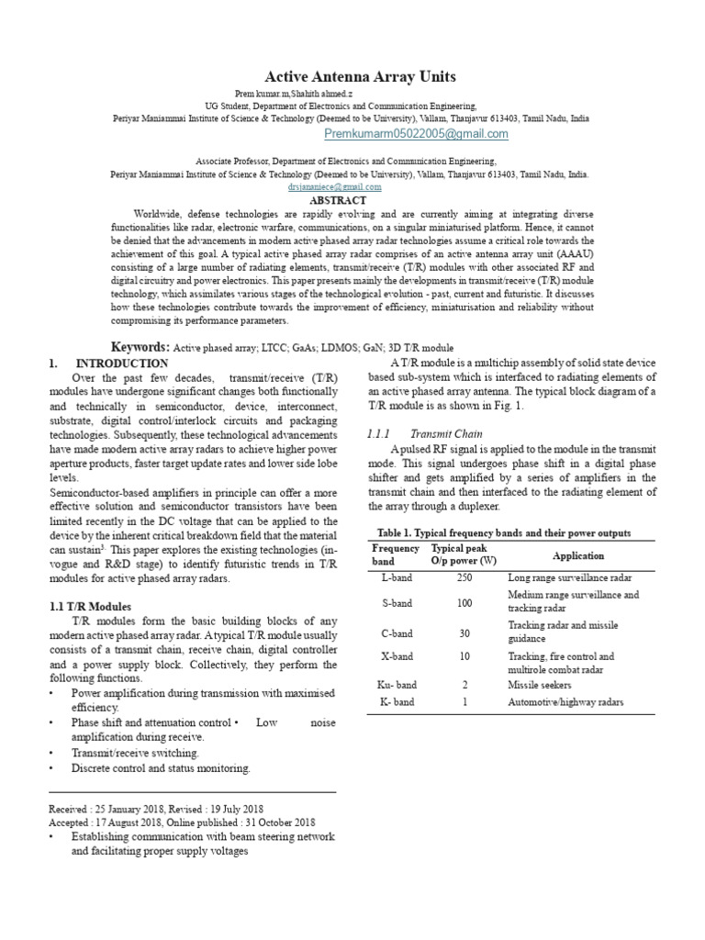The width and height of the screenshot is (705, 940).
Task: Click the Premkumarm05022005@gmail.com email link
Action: pyautogui.click(x=417, y=134)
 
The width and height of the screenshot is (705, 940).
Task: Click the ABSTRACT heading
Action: pyautogui.click(x=338, y=200)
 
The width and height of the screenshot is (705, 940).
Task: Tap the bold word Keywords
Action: pyautogui.click(x=140, y=347)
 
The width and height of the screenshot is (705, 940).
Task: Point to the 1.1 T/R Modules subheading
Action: pyautogui.click(x=90, y=607)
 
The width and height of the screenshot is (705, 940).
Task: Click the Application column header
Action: pyautogui.click(x=578, y=555)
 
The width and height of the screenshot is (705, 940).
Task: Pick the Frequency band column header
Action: pyautogui.click(x=396, y=554)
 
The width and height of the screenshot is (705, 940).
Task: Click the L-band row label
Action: pyautogui.click(x=397, y=578)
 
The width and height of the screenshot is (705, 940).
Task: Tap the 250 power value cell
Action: pyautogui.click(x=464, y=578)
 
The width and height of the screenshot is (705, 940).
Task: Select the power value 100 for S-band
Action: pyautogui.click(x=464, y=603)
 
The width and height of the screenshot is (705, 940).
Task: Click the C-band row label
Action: pyautogui.click(x=398, y=632)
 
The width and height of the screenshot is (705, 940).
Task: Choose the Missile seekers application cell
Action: pyautogui.click(x=540, y=685)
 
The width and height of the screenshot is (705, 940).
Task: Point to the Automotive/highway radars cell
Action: pyautogui.click(x=565, y=702)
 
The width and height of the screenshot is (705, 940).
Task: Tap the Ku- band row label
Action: pyautogui.click(x=397, y=685)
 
